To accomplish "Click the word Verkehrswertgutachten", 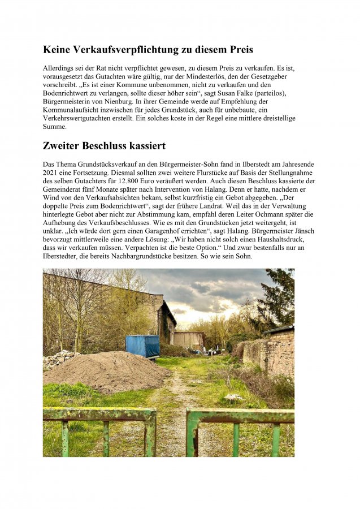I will (x=83, y=118).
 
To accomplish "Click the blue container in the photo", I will (x=142, y=346).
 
